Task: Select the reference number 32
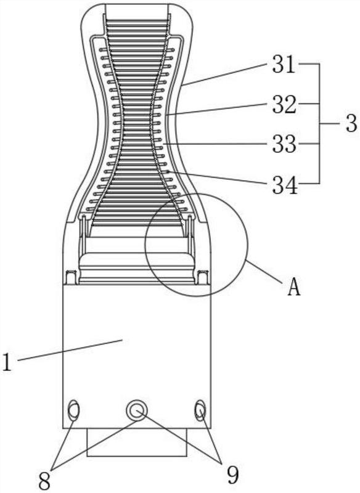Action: pos(284,105)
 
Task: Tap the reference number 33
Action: pos(284,145)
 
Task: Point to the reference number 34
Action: pos(285,186)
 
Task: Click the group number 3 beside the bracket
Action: pos(351,124)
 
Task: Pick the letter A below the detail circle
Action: pos(294,287)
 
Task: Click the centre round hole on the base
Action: pos(136,409)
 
